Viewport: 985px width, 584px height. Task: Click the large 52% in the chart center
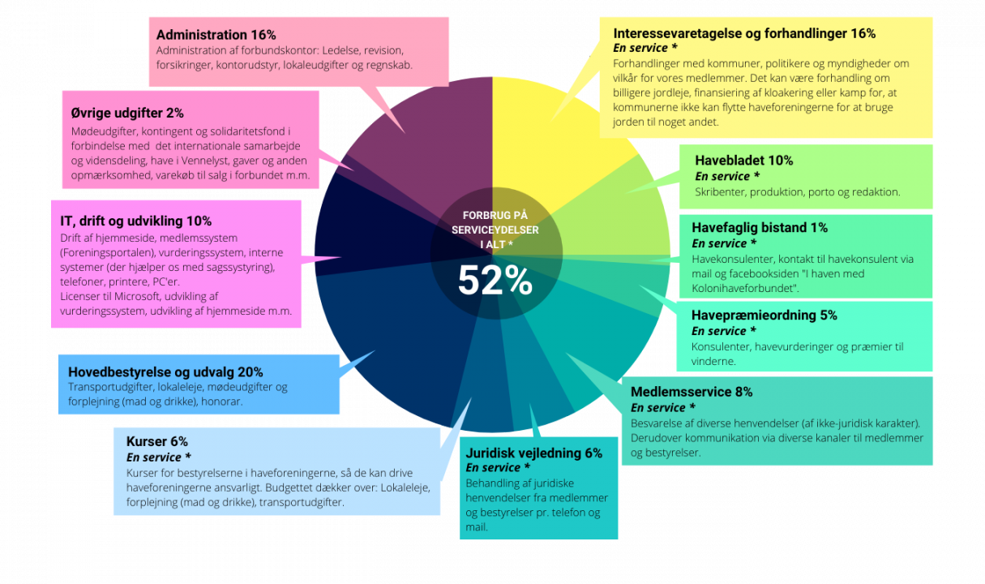tap(495, 281)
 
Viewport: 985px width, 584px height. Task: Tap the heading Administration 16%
tap(216, 35)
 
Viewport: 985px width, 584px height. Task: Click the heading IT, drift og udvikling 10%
tap(135, 221)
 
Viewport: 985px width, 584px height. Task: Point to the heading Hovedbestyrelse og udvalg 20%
tap(165, 371)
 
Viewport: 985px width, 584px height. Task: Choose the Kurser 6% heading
tap(156, 441)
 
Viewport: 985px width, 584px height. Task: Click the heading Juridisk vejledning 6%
tap(533, 453)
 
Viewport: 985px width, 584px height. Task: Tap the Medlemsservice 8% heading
tap(692, 392)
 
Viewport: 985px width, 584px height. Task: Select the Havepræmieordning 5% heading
tap(764, 315)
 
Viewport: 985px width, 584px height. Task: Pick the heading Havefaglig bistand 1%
tap(759, 228)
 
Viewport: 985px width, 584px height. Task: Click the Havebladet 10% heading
tap(743, 161)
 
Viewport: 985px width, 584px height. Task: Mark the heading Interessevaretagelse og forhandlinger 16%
tap(744, 33)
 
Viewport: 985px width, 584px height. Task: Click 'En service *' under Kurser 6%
tap(159, 457)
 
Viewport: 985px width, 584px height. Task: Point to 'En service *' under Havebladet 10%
tap(727, 176)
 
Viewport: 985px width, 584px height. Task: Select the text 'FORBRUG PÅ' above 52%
tap(495, 215)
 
